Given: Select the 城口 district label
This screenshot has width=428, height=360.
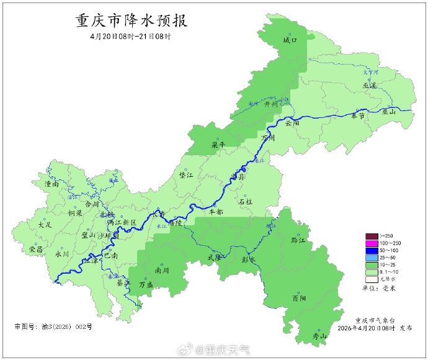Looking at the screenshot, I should [x=290, y=40].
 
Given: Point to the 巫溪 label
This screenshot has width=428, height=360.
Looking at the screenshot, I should [x=370, y=86].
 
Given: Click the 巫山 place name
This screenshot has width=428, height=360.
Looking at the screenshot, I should [x=389, y=112].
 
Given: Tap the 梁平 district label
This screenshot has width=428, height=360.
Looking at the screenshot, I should [x=218, y=144].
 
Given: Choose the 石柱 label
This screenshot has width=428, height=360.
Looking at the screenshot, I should [x=246, y=202].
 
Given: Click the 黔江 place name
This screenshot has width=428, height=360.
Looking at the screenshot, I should [x=298, y=240].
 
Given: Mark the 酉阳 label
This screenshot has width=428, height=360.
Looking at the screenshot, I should [x=299, y=298].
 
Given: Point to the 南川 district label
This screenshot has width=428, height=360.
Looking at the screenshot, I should [x=162, y=271].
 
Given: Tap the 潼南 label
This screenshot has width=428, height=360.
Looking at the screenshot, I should [x=51, y=184].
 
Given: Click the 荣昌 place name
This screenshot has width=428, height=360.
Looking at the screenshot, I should [x=36, y=249].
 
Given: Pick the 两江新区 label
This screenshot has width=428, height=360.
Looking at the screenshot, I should [x=121, y=222].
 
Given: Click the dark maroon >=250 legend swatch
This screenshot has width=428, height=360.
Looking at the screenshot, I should [x=372, y=236].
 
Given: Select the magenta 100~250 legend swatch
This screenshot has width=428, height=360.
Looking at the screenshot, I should [x=372, y=243].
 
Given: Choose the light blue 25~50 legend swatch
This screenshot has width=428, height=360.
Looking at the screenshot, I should [x=372, y=257].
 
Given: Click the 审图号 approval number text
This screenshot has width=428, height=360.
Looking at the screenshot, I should [x=53, y=326].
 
